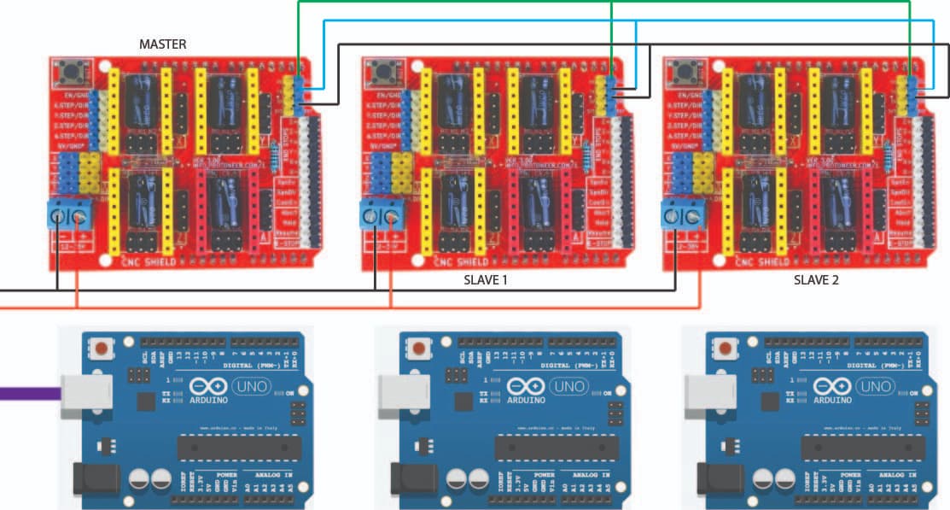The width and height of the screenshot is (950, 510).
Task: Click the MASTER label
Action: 162,44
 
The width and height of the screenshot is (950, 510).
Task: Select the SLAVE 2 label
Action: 817,279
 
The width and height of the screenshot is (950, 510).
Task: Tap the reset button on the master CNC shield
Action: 72,70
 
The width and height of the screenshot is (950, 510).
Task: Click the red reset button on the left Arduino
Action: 102,349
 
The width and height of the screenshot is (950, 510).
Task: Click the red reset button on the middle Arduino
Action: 419,349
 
